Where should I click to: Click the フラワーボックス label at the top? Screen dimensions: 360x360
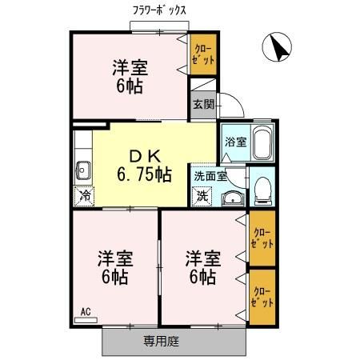[160, 10]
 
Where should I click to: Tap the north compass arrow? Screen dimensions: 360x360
[277, 48]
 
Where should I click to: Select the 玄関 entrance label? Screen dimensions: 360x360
[202, 103]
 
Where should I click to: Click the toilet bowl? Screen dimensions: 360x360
[262, 189]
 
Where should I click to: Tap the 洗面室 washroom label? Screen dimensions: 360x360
[210, 175]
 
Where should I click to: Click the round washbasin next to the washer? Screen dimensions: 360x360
[231, 198]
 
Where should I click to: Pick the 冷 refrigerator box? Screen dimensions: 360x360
[84, 195]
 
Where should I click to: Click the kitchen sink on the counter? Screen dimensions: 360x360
[83, 169]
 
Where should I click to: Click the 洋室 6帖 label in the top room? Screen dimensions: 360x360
[129, 76]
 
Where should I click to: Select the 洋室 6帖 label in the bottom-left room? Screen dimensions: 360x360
[115, 267]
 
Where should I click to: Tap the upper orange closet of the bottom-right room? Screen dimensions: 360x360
[262, 238]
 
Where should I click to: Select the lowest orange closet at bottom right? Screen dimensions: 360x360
[262, 297]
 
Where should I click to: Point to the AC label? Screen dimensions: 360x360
[85, 311]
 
